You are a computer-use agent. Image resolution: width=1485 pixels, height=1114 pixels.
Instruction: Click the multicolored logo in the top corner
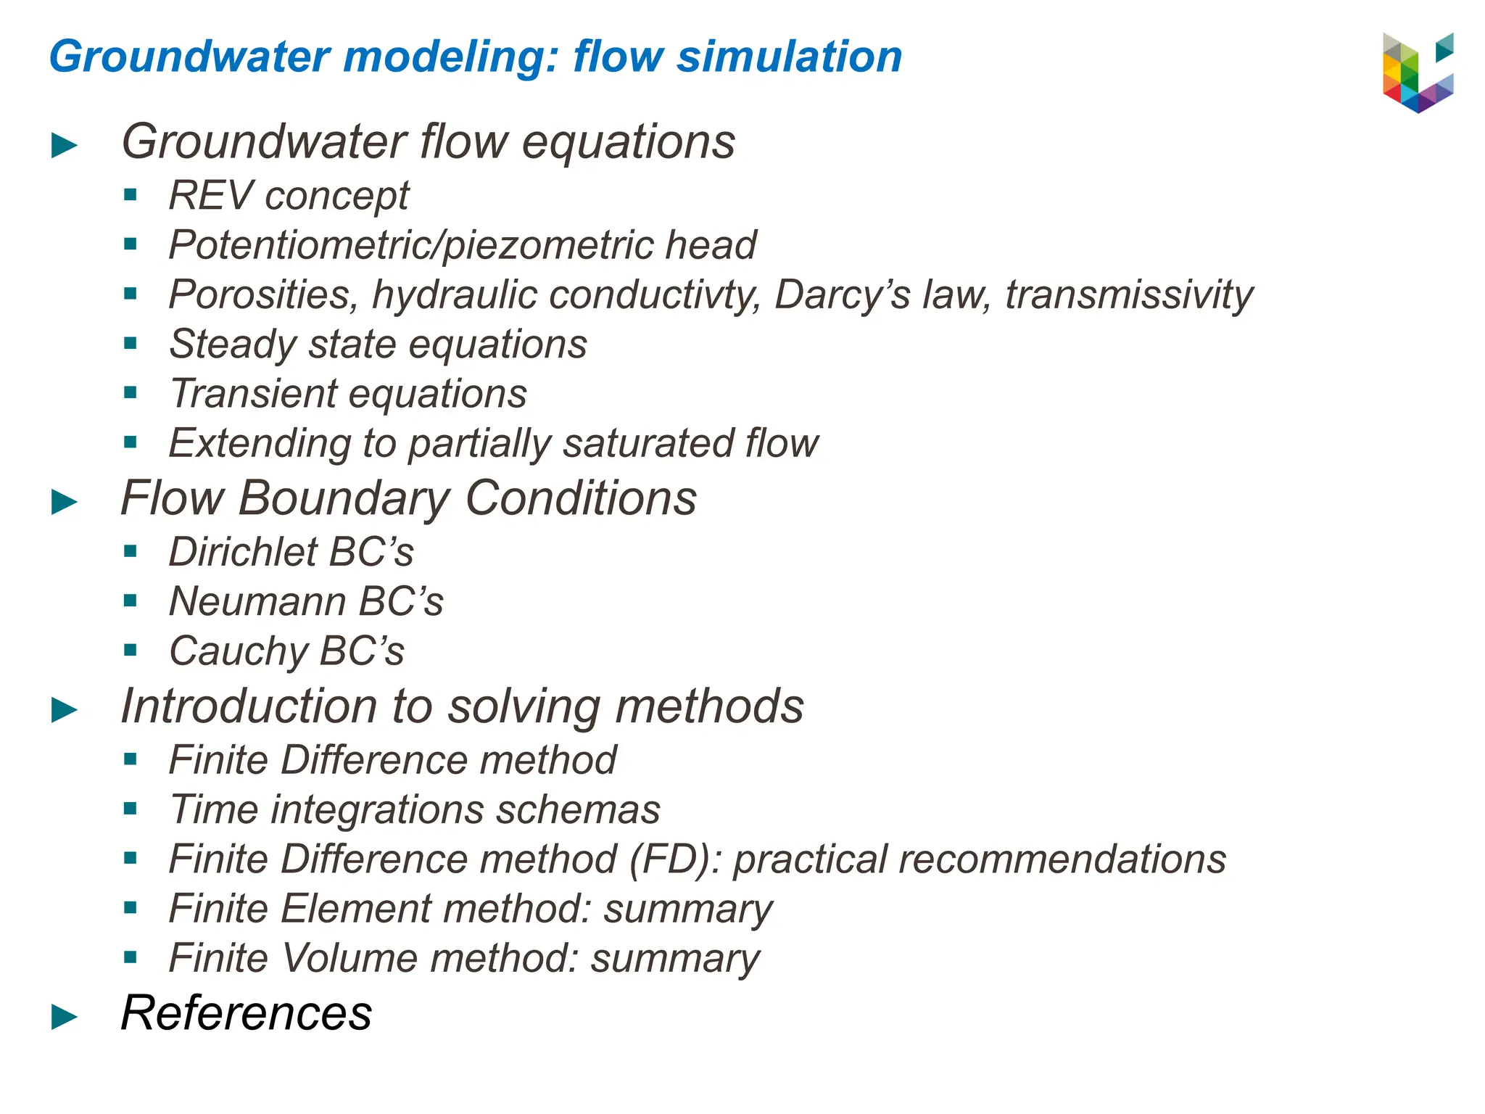tap(1418, 73)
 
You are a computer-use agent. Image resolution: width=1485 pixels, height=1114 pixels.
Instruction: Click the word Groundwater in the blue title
tap(189, 57)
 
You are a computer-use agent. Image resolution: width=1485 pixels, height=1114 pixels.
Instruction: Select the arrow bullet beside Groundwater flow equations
tap(65, 146)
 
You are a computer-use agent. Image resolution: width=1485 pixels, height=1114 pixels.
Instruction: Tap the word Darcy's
tap(842, 294)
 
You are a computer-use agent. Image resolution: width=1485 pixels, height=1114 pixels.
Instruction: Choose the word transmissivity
tap(1129, 294)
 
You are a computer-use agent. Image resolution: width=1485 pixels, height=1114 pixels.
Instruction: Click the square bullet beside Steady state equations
tap(131, 344)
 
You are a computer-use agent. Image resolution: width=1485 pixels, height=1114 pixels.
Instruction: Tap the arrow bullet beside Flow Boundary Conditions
tap(65, 502)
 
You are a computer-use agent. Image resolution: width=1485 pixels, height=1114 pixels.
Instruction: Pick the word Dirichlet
tap(243, 552)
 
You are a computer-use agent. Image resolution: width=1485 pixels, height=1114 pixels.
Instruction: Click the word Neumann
tap(257, 601)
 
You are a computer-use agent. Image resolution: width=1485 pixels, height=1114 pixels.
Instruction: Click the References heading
tap(247, 1012)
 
